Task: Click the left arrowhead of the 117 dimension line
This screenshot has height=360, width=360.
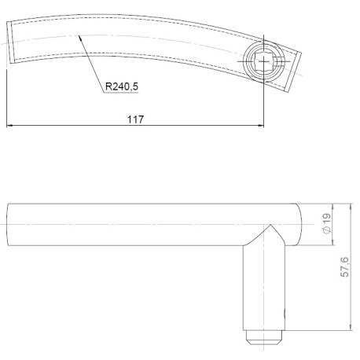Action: pyautogui.click(x=9, y=126)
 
